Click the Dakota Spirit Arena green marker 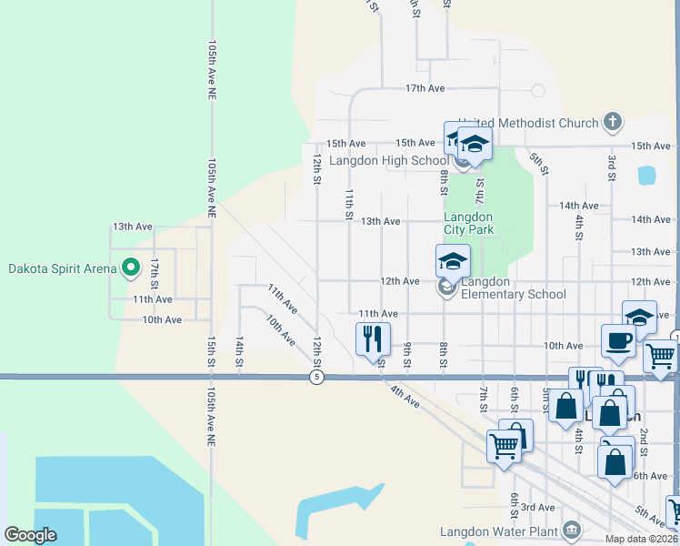[130, 268]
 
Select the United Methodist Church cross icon [614, 122]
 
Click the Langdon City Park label [468, 223]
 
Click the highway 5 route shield [315, 377]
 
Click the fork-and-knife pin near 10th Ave [373, 339]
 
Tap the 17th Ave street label [425, 88]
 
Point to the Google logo [31, 535]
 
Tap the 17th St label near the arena [155, 268]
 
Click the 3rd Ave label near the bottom [538, 507]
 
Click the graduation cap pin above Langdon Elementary [453, 261]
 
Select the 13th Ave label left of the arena [131, 226]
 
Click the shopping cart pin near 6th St [504, 446]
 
